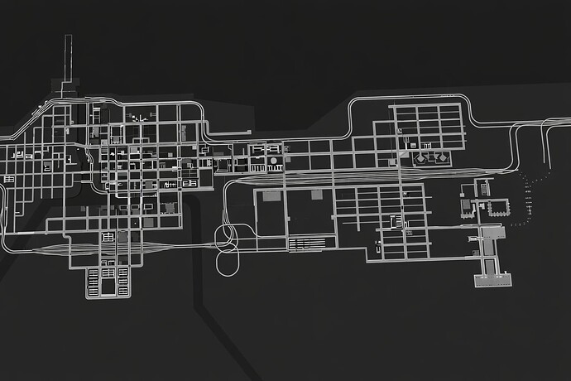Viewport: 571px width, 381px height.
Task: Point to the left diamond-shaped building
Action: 422,157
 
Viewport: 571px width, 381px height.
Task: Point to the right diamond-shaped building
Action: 441,157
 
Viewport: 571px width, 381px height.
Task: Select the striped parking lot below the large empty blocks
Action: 306,244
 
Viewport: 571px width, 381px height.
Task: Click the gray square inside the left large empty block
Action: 270,196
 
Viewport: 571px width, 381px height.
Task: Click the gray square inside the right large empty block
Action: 315,194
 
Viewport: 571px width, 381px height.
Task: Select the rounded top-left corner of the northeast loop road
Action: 353,104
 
